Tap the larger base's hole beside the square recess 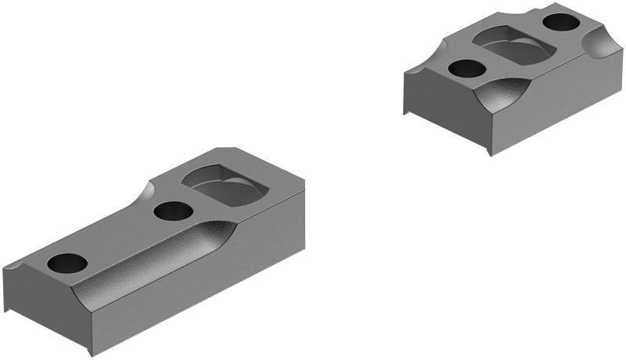pyautogui.click(x=173, y=211)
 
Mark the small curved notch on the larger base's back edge pyautogui.click(x=148, y=190)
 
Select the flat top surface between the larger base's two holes pyautogui.click(x=117, y=239)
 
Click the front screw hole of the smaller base pyautogui.click(x=466, y=69)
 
